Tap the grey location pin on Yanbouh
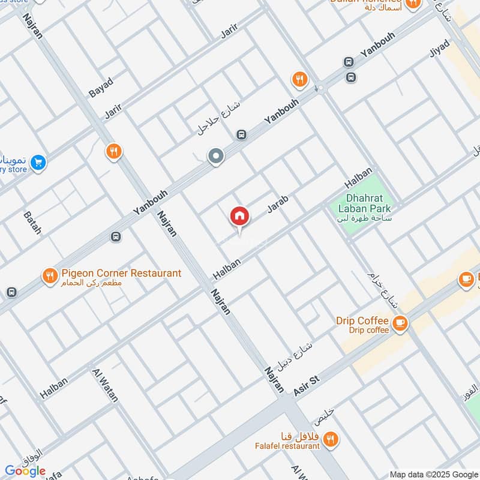[x=216, y=157]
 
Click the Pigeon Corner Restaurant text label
[x=121, y=274]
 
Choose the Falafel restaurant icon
[x=330, y=440]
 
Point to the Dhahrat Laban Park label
[x=368, y=203]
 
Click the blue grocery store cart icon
[x=38, y=162]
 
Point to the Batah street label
[x=32, y=222]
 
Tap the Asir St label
[x=308, y=385]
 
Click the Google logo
[x=25, y=471]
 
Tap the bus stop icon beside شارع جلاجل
[x=241, y=135]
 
